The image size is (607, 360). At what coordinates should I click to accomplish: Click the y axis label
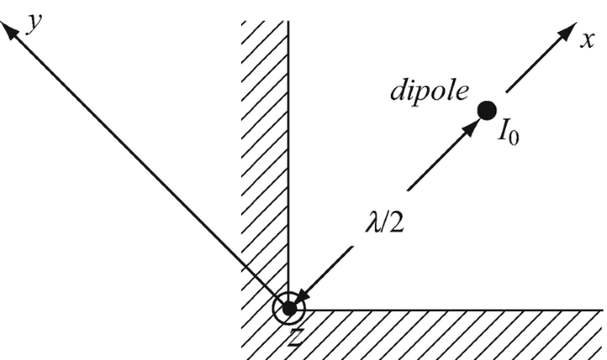coord(35,21)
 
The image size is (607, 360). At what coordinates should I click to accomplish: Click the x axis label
coord(587,41)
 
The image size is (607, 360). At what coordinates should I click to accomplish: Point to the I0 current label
coord(508,136)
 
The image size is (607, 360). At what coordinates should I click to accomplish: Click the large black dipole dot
coord(486,110)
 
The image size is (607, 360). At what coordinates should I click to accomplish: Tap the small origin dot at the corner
coord(289,309)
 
